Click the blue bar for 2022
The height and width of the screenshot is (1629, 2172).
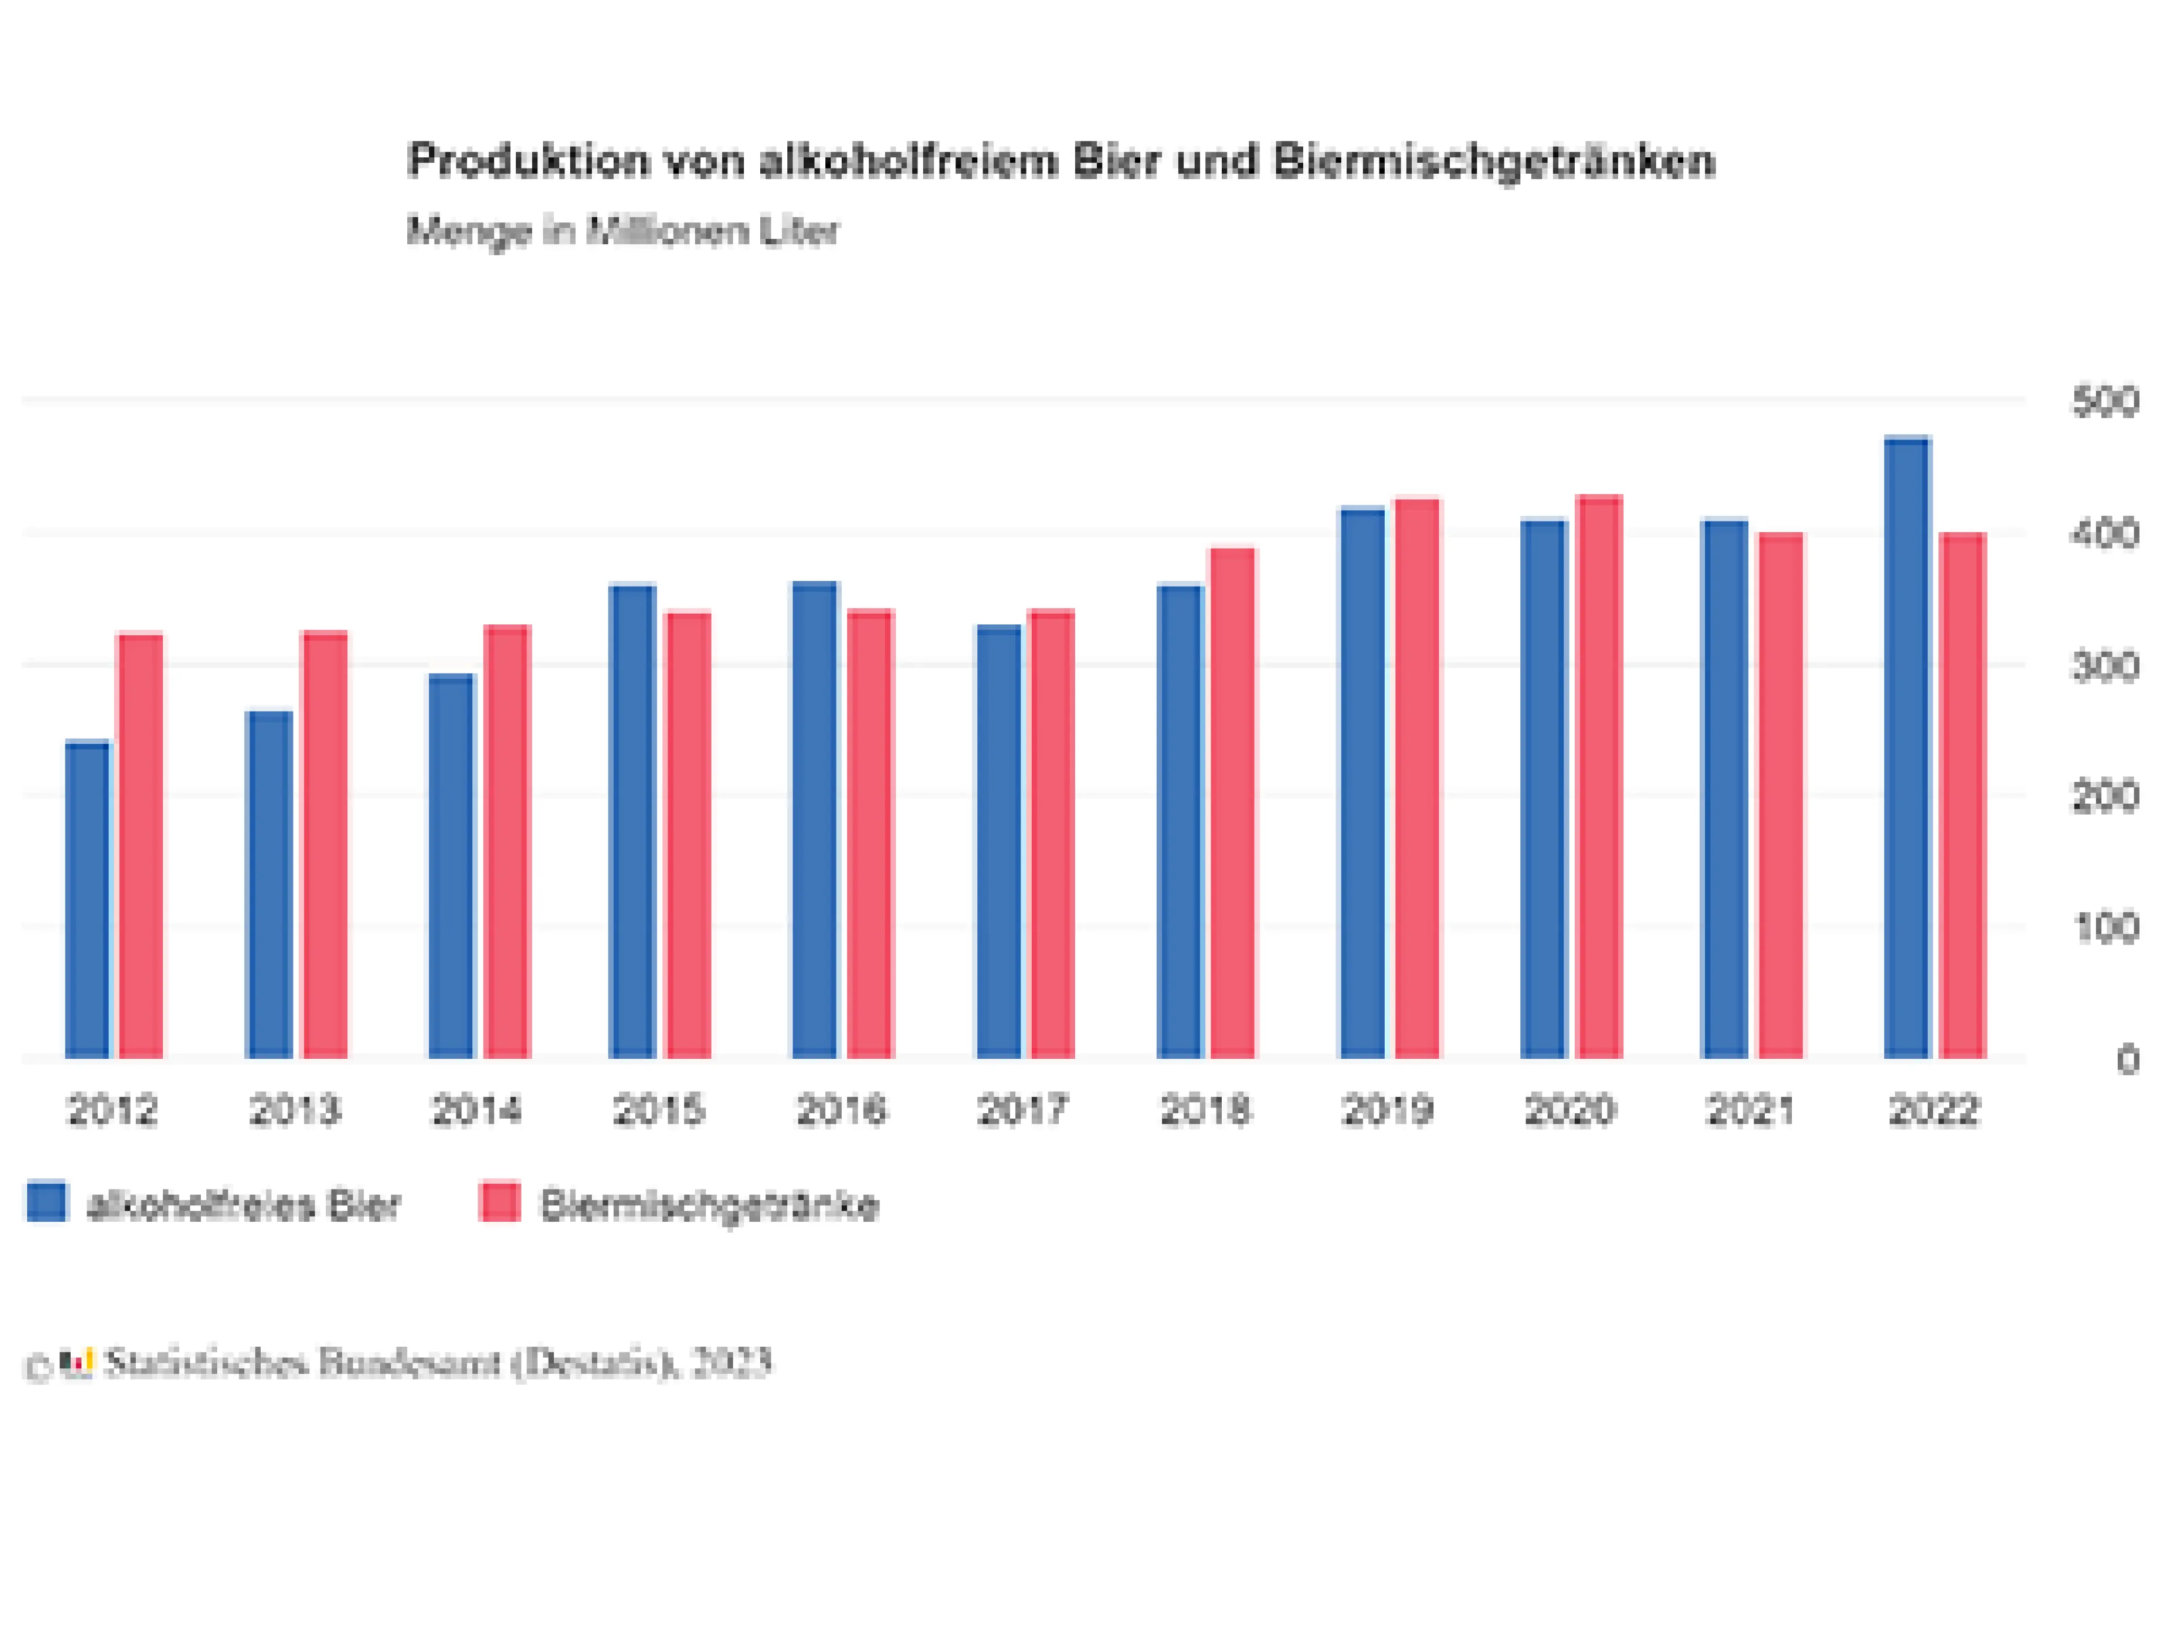point(1907,748)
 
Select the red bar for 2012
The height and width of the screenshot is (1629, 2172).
point(140,846)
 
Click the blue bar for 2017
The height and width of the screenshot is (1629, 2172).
point(998,842)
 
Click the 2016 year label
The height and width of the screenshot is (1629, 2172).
point(841,1110)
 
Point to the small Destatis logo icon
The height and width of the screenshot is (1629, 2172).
point(76,1364)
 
